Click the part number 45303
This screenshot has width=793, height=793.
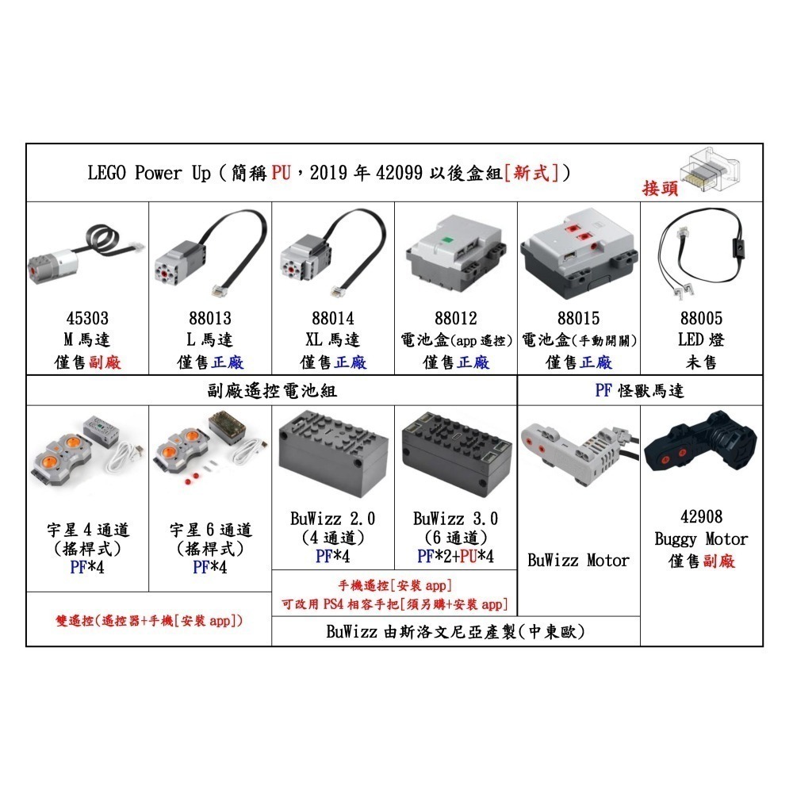(87, 318)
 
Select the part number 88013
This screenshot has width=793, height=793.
(210, 318)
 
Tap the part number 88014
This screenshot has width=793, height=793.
(333, 318)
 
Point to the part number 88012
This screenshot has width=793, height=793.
(456, 318)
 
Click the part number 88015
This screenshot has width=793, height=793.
(579, 318)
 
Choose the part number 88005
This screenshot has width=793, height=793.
(702, 318)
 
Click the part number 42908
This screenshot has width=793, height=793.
(702, 517)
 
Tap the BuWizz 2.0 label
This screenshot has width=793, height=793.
(333, 519)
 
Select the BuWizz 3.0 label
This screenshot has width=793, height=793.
(456, 519)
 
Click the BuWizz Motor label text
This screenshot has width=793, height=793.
(578, 561)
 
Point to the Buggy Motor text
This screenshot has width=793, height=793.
(702, 539)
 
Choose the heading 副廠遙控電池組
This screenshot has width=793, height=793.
(270, 391)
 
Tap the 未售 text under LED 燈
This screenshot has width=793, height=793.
(702, 362)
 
